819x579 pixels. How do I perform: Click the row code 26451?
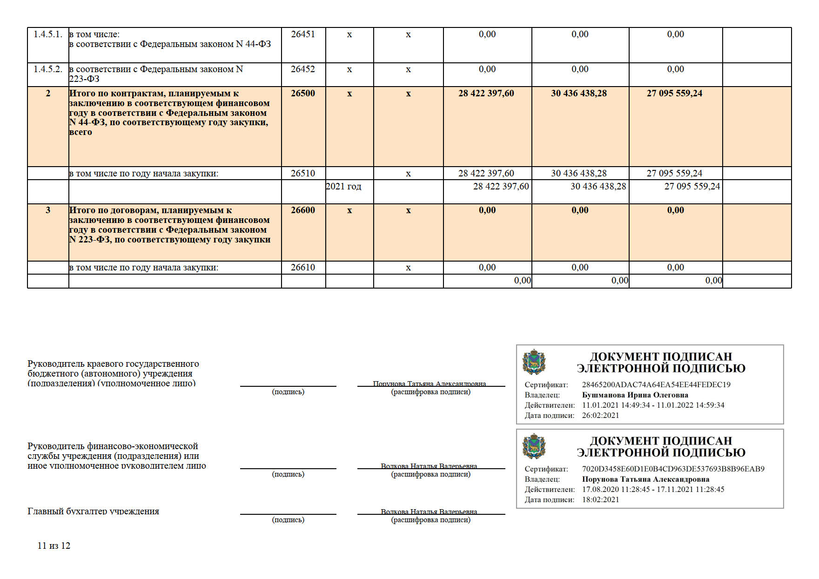303,34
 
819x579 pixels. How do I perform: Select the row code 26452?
303,69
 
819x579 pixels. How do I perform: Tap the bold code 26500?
303,94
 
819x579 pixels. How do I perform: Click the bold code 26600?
303,210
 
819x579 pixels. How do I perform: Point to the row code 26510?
303,174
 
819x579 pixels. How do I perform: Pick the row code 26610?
303,268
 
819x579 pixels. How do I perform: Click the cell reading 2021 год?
343,187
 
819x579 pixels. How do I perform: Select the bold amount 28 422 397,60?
486,94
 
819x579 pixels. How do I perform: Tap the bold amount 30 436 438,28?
579,94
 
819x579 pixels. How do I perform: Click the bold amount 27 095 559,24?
674,94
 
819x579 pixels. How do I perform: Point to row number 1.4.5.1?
48,34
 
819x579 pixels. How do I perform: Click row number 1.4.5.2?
48,69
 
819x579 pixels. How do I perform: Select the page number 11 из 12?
54,546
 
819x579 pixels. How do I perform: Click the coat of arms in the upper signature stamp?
534,363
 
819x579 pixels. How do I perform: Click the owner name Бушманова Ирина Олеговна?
635,395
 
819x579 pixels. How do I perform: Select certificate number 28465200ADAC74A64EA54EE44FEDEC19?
656,385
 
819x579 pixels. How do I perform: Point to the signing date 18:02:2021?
600,500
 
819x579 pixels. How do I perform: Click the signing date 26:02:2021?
600,416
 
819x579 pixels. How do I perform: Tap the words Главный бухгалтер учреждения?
94,512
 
